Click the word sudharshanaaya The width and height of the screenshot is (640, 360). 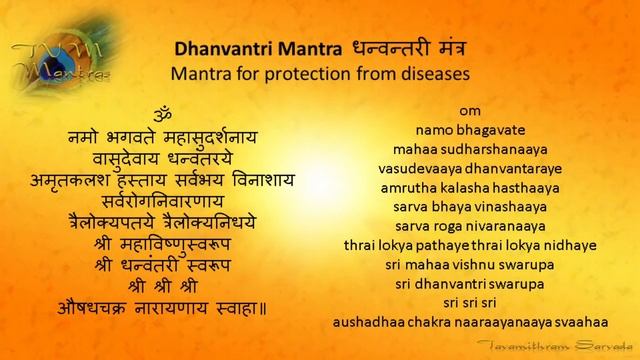494,149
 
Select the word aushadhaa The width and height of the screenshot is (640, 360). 371,322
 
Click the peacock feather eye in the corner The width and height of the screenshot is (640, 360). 25,16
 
